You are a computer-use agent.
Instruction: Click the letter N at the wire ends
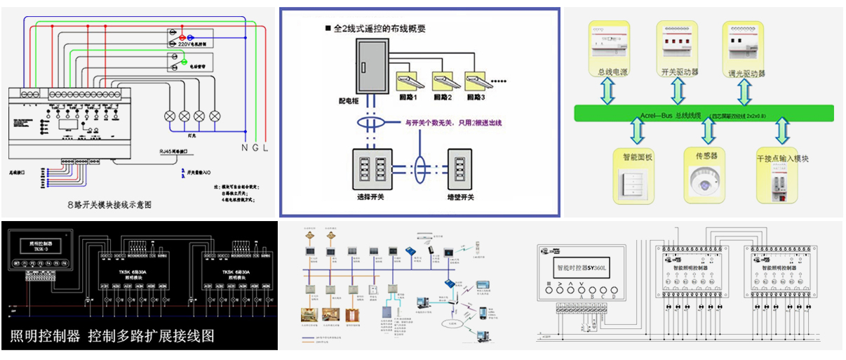tap(245, 148)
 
